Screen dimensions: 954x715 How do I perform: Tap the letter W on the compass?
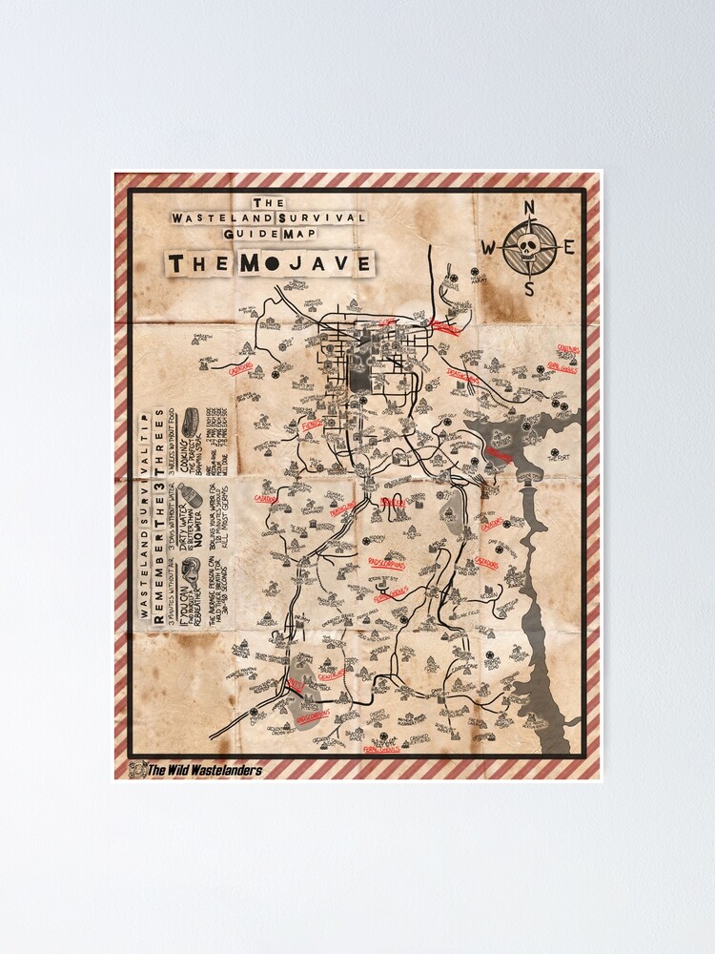click(488, 248)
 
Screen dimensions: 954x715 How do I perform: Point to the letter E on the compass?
click(569, 247)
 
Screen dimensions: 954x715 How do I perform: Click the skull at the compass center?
click(529, 247)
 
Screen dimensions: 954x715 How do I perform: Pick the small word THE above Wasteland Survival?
click(269, 202)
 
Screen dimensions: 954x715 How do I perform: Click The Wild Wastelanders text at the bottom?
click(204, 770)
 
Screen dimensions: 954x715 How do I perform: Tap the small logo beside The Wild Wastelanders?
click(136, 770)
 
